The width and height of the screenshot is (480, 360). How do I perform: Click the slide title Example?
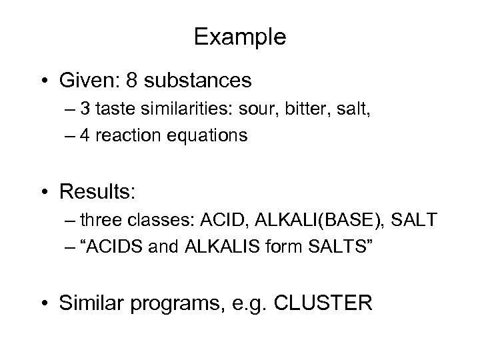(240, 37)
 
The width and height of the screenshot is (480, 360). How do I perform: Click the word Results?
(97, 193)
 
